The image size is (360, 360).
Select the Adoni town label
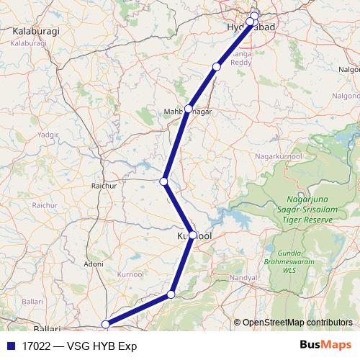click(93, 264)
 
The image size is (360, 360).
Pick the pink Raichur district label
click(45, 205)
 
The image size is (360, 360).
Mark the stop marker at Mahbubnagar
click(189, 109)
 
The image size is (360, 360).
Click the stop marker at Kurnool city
click(192, 235)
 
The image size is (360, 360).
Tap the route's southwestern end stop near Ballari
click(106, 324)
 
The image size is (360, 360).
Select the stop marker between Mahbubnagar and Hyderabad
click(217, 67)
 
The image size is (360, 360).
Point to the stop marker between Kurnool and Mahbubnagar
click(164, 181)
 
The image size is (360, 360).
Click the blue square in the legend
click(10, 346)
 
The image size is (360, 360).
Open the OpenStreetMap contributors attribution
click(297, 322)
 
